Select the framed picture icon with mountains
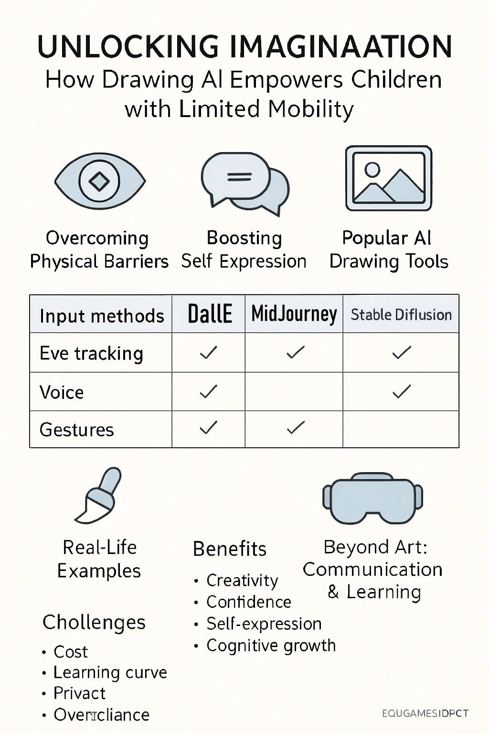point(389,179)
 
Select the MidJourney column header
point(294,314)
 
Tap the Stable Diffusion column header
point(401,314)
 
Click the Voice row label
point(62,392)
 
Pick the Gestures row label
point(77,430)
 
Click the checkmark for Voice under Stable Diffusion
point(402,391)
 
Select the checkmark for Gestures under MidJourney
point(296,427)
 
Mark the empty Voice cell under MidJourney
point(294,392)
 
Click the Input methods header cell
point(102,316)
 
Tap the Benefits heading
point(230,549)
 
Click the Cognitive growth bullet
point(271,646)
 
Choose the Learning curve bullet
point(110,672)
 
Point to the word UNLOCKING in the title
point(128,47)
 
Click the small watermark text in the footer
point(425,713)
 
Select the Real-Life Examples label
point(99,559)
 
